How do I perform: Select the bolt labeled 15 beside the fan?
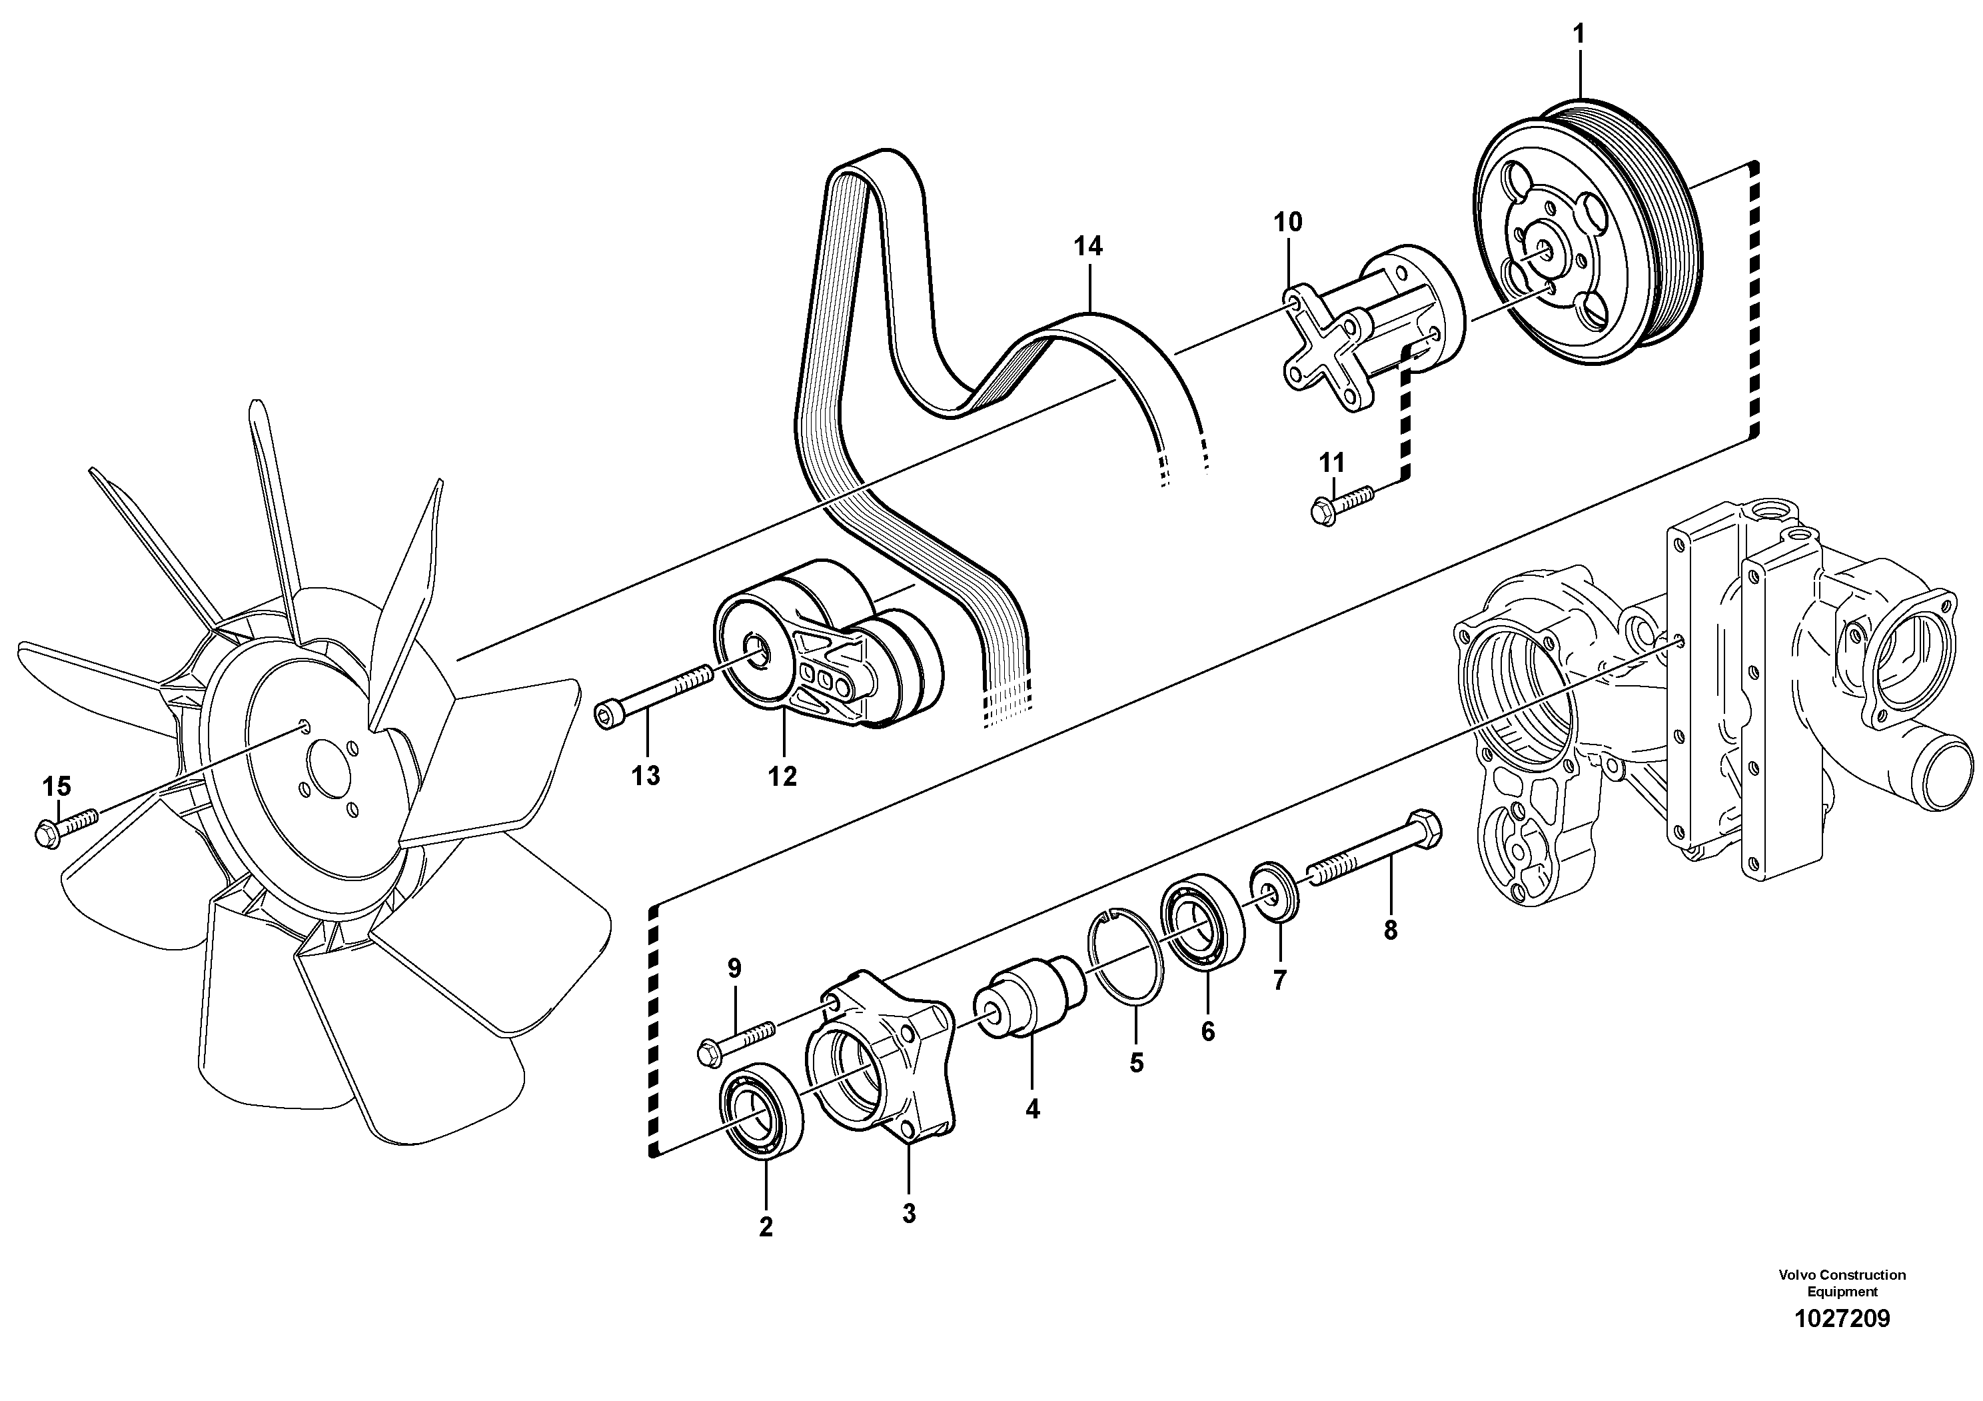(x=65, y=826)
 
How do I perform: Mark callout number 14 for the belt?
(x=1087, y=247)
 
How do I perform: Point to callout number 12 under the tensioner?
(x=782, y=776)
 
